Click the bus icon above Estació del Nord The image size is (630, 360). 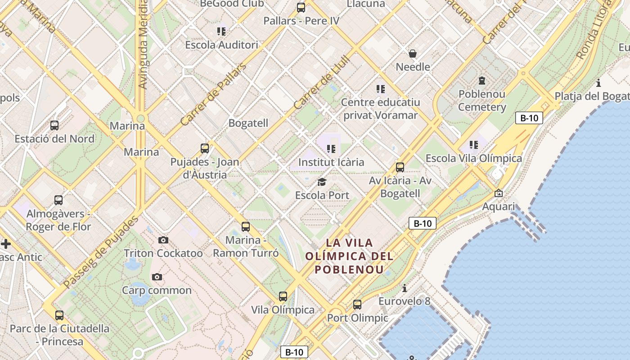[x=54, y=126]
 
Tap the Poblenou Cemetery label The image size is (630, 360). [x=482, y=101]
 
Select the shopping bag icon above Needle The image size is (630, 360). [x=413, y=54]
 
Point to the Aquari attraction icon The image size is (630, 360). [x=499, y=193]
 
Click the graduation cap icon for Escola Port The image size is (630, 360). [x=322, y=182]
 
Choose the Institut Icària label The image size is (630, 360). [x=331, y=162]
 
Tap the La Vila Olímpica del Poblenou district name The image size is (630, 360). [x=349, y=256]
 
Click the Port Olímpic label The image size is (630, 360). [x=357, y=318]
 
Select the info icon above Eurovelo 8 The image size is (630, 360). [x=405, y=288]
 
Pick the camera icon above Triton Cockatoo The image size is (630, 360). [x=163, y=240]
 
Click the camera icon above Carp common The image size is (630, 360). [x=157, y=277]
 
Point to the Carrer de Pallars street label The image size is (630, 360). [x=214, y=94]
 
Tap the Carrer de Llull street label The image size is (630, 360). [x=322, y=82]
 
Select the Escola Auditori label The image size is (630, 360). [x=222, y=45]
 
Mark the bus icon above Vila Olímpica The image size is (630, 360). [x=283, y=297]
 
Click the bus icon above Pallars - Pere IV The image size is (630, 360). [x=301, y=8]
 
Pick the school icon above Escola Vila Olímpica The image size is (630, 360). [x=474, y=145]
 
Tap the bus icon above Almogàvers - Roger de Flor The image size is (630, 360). [x=58, y=200]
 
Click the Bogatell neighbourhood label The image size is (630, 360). [x=248, y=123]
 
